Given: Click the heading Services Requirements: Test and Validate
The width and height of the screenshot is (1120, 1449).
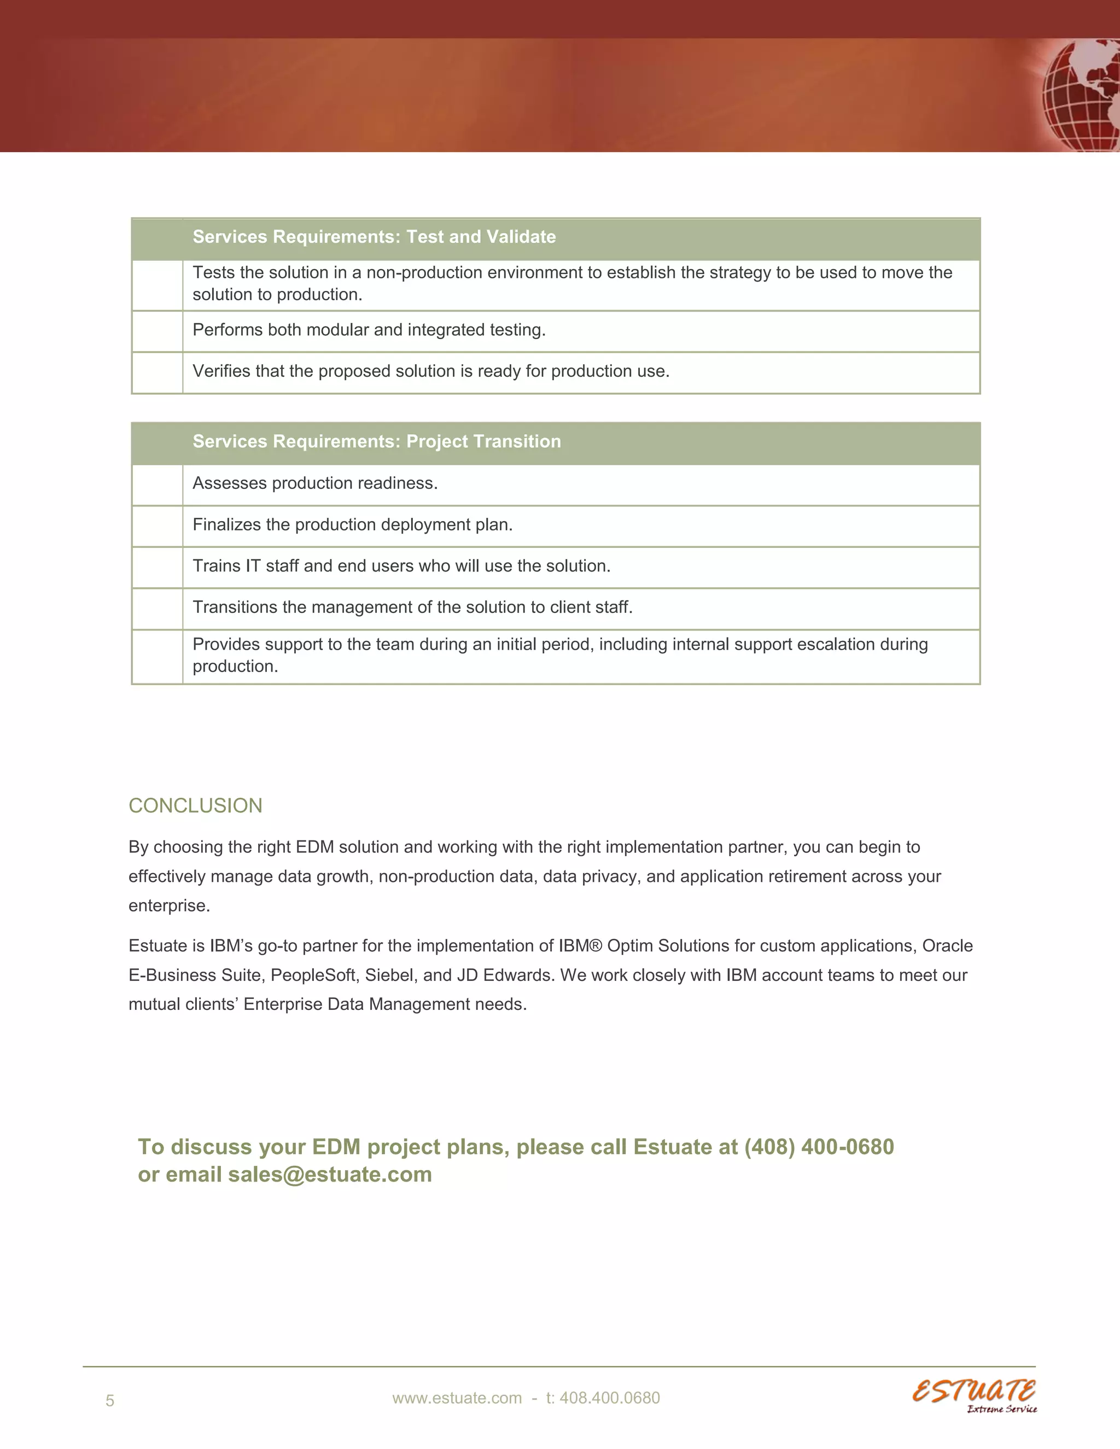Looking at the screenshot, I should [x=374, y=237].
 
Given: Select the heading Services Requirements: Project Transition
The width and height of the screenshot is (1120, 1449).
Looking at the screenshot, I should [x=376, y=441].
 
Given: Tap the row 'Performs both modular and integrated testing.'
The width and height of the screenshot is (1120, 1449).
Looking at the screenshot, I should [x=369, y=330].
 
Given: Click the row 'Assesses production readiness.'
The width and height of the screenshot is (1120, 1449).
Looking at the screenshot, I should [x=314, y=483].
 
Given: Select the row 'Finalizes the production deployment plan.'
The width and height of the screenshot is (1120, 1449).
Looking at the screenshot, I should [x=352, y=525].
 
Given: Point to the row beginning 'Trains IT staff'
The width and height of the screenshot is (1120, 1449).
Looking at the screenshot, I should [x=401, y=566].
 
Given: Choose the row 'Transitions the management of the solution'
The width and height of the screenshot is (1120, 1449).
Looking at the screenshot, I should [x=412, y=607].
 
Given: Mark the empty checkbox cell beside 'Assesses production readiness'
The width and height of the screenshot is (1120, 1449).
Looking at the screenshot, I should [x=157, y=485].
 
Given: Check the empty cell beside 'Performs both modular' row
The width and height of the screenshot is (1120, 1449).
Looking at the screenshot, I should [x=157, y=331].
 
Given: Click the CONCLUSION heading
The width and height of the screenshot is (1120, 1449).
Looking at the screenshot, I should [x=195, y=805].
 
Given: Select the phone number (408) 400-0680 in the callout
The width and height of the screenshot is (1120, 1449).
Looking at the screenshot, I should [x=819, y=1147].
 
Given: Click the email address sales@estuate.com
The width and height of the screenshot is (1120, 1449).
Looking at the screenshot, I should [x=330, y=1175].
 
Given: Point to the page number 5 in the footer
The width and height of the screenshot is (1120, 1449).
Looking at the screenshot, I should [x=110, y=1400].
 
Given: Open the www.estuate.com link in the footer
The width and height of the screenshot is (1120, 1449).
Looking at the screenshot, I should [x=457, y=1398].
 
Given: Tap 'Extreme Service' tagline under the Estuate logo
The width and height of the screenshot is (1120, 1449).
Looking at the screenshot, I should [x=1001, y=1409].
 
